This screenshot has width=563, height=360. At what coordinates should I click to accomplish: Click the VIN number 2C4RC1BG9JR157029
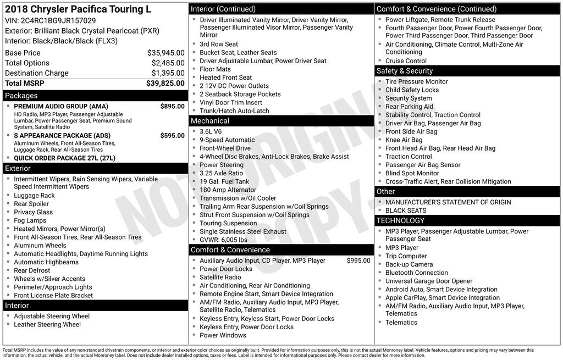(x=58, y=20)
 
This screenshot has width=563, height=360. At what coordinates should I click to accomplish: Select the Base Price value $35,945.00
(x=165, y=53)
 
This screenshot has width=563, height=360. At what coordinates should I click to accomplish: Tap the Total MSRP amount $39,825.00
(x=165, y=83)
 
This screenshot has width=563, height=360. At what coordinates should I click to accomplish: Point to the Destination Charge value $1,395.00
(x=168, y=73)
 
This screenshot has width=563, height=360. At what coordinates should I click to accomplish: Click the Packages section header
(x=21, y=96)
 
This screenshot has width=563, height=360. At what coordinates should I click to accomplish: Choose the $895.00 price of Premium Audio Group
(x=172, y=106)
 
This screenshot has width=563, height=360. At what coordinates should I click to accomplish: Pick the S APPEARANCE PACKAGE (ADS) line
(x=62, y=136)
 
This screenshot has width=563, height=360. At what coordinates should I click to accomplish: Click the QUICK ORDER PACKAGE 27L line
(x=65, y=158)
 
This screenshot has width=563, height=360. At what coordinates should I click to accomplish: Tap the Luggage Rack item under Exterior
(x=34, y=195)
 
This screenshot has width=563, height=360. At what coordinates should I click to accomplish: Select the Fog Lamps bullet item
(x=30, y=220)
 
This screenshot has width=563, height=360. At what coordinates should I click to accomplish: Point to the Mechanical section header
(x=210, y=121)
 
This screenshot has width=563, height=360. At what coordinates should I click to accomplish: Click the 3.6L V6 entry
(x=212, y=131)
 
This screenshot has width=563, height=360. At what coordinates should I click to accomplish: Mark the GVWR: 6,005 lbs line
(x=223, y=240)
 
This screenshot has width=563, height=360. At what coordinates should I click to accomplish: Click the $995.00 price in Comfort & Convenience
(x=358, y=261)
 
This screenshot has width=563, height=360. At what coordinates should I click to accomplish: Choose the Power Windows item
(x=223, y=335)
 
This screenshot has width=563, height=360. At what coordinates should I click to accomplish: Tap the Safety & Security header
(x=405, y=71)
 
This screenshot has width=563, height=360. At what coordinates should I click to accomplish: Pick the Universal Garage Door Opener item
(x=429, y=281)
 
